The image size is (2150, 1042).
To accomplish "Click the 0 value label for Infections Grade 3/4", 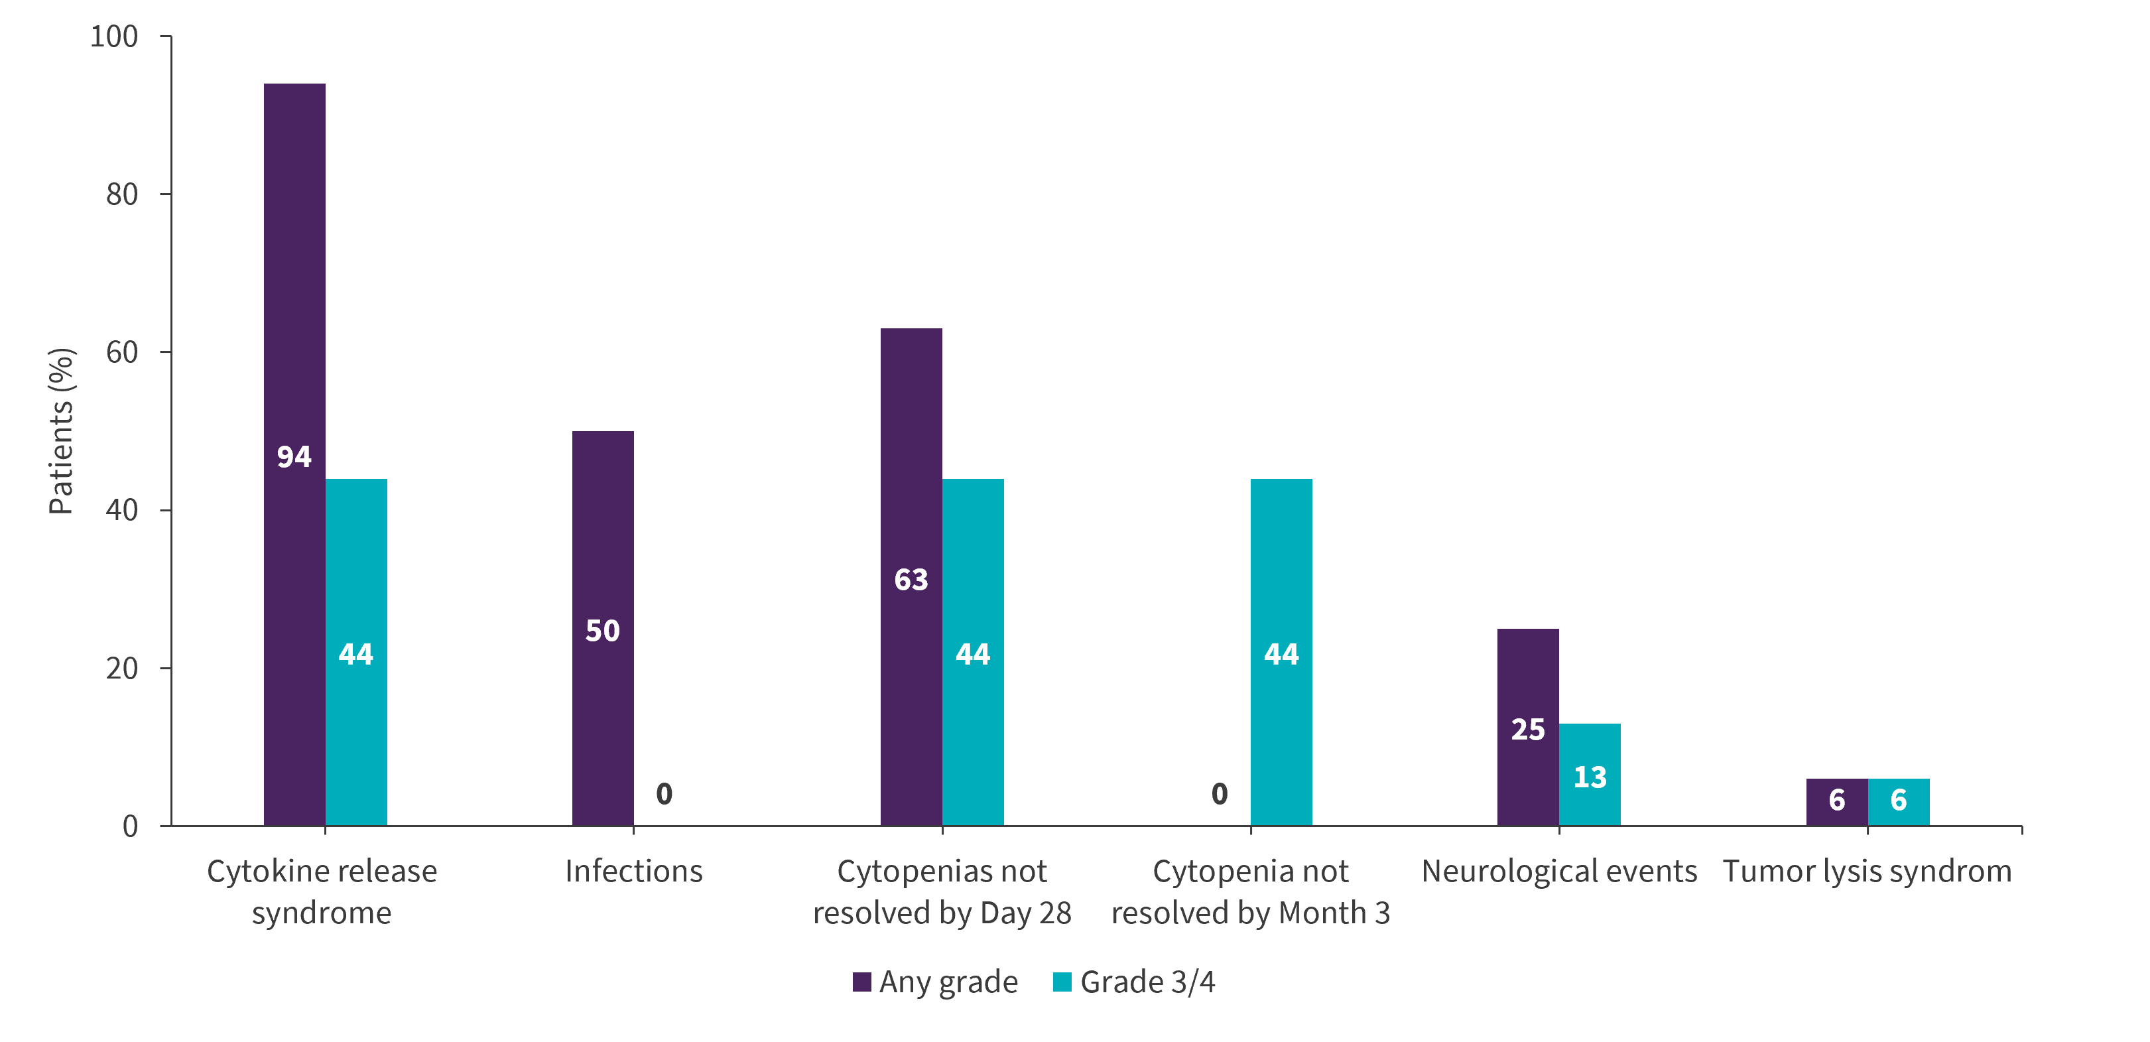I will tap(664, 793).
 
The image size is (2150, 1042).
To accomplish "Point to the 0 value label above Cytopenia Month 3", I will tap(1220, 793).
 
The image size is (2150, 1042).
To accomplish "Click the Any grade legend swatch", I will tap(861, 982).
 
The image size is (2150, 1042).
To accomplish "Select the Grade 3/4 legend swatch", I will tap(1062, 982).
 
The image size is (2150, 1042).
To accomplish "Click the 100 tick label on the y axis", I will tap(113, 36).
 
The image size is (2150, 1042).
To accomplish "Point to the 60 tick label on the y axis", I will tap(122, 352).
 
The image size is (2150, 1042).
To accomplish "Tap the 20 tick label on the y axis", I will tap(122, 668).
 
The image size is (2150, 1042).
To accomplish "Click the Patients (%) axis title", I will tap(62, 431).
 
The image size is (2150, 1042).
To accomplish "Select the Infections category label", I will tap(633, 871).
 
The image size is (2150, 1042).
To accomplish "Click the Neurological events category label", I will tap(1559, 871).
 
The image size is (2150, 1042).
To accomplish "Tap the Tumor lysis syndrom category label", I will tap(1867, 871).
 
